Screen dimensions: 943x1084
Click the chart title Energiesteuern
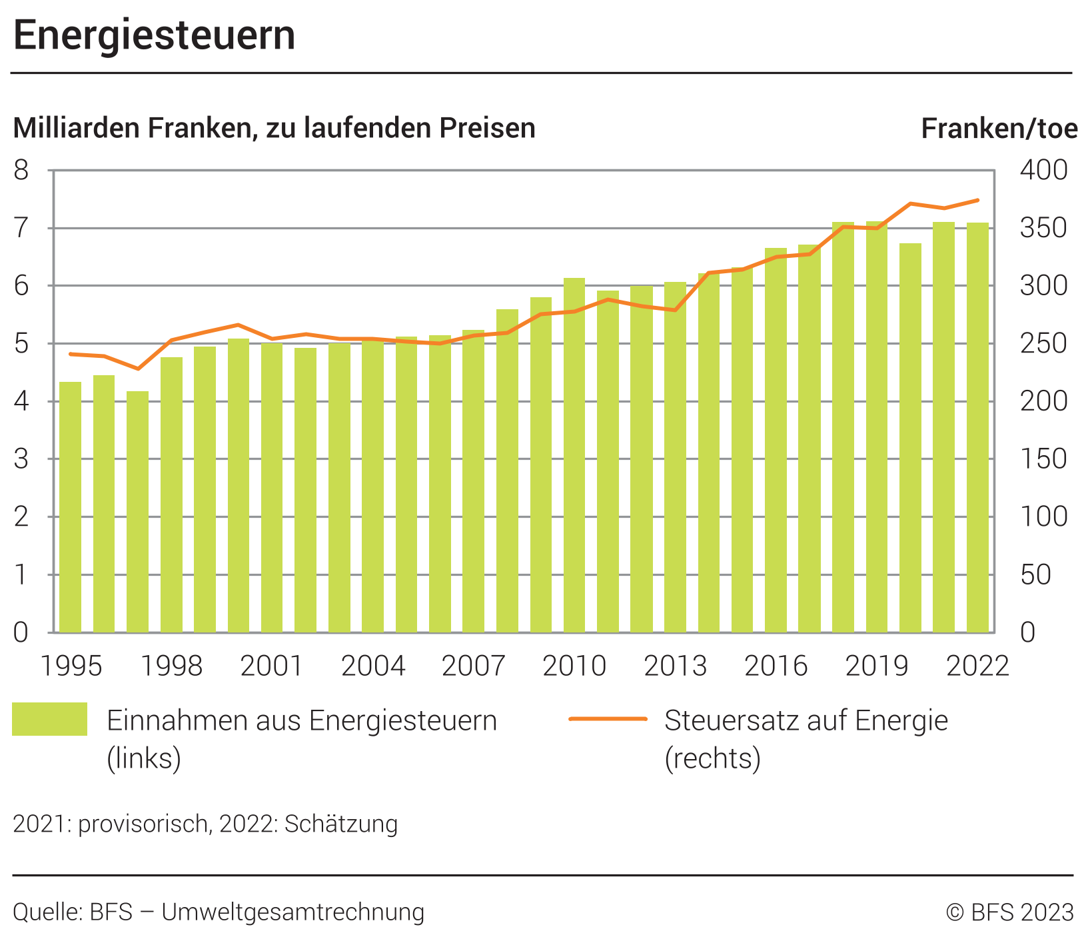point(154,35)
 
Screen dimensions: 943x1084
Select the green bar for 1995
point(71,506)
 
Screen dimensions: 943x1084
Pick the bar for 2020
point(910,438)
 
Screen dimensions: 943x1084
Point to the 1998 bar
point(171,494)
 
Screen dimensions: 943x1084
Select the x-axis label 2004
point(373,666)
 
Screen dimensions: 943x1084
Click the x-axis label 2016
point(776,666)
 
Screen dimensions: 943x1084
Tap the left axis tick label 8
point(22,171)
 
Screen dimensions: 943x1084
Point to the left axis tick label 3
point(22,459)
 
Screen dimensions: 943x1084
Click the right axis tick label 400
point(1043,171)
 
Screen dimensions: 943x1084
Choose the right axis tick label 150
point(1043,459)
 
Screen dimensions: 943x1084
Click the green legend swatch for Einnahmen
point(49,719)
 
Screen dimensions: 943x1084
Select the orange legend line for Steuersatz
point(608,719)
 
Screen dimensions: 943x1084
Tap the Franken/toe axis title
point(999,129)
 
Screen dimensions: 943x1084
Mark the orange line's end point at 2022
point(977,200)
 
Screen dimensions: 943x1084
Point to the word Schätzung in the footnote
point(341,824)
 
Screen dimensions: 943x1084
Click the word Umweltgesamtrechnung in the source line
point(293,912)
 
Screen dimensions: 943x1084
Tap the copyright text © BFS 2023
point(1009,912)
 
